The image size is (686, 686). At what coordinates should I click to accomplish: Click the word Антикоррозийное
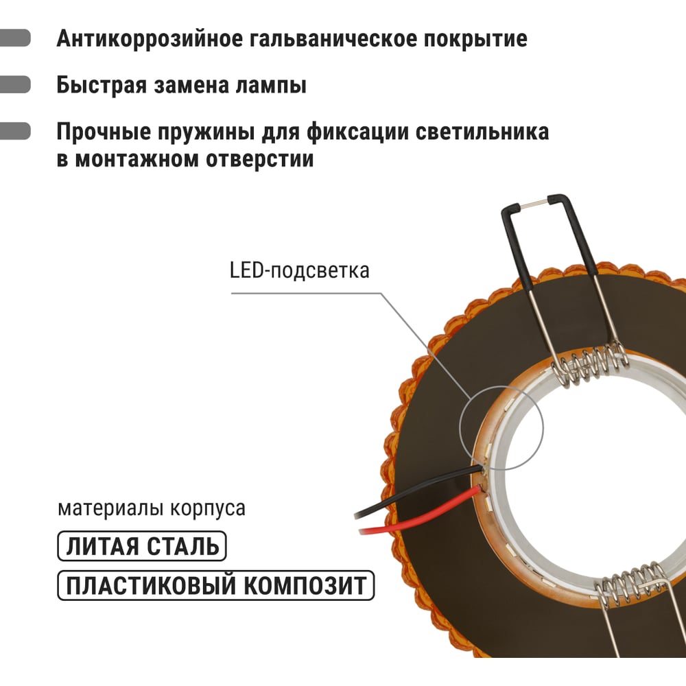point(150,39)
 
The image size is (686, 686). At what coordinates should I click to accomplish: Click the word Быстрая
point(102,85)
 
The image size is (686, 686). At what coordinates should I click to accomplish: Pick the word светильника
point(482,131)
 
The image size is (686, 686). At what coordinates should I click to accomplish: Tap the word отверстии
point(260,160)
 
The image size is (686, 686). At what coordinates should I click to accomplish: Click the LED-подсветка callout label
point(299,270)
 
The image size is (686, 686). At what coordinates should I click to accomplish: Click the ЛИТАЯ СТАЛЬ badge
point(142,546)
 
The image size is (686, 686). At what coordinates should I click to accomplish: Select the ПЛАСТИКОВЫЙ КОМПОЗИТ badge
point(215,585)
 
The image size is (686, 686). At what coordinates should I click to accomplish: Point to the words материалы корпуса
point(152,508)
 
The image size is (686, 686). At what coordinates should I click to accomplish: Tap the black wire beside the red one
point(416,491)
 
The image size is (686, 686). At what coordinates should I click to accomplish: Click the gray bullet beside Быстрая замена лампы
point(15,84)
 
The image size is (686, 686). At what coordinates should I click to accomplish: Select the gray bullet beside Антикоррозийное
point(15,38)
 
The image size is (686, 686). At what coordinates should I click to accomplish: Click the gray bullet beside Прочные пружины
point(15,131)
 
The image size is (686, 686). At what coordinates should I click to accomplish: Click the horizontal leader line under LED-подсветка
point(306,293)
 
